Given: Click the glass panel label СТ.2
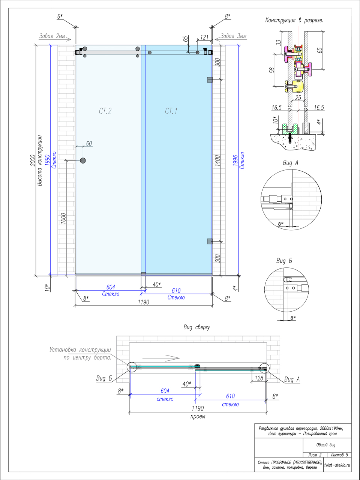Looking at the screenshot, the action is click(x=105, y=111).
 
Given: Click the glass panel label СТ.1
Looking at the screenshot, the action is click(x=171, y=111).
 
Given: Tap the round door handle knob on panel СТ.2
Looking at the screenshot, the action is click(x=83, y=160).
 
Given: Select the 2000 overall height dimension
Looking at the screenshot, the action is click(x=33, y=160).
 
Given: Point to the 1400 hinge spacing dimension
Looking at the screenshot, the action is click(x=217, y=160).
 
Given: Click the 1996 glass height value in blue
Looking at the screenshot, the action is click(x=235, y=160).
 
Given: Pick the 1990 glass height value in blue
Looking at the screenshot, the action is click(x=47, y=160).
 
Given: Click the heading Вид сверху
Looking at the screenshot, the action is click(x=196, y=327).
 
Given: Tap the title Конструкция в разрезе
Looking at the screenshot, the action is click(x=294, y=20).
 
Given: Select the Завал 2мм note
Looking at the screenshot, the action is click(x=52, y=36).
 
